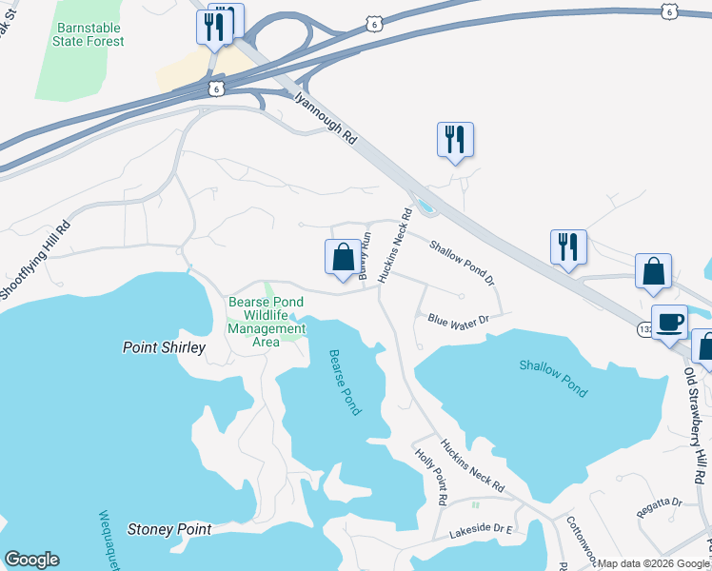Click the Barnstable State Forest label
tap(90, 36)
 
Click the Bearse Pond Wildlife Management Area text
tap(267, 322)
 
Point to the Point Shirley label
tap(164, 347)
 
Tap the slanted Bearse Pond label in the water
tap(345, 382)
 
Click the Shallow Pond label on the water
tap(553, 378)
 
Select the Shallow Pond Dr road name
tap(463, 263)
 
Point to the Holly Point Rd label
tap(431, 475)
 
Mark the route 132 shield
tap(646, 327)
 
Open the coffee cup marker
tap(669, 321)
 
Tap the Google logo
tap(31, 560)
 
